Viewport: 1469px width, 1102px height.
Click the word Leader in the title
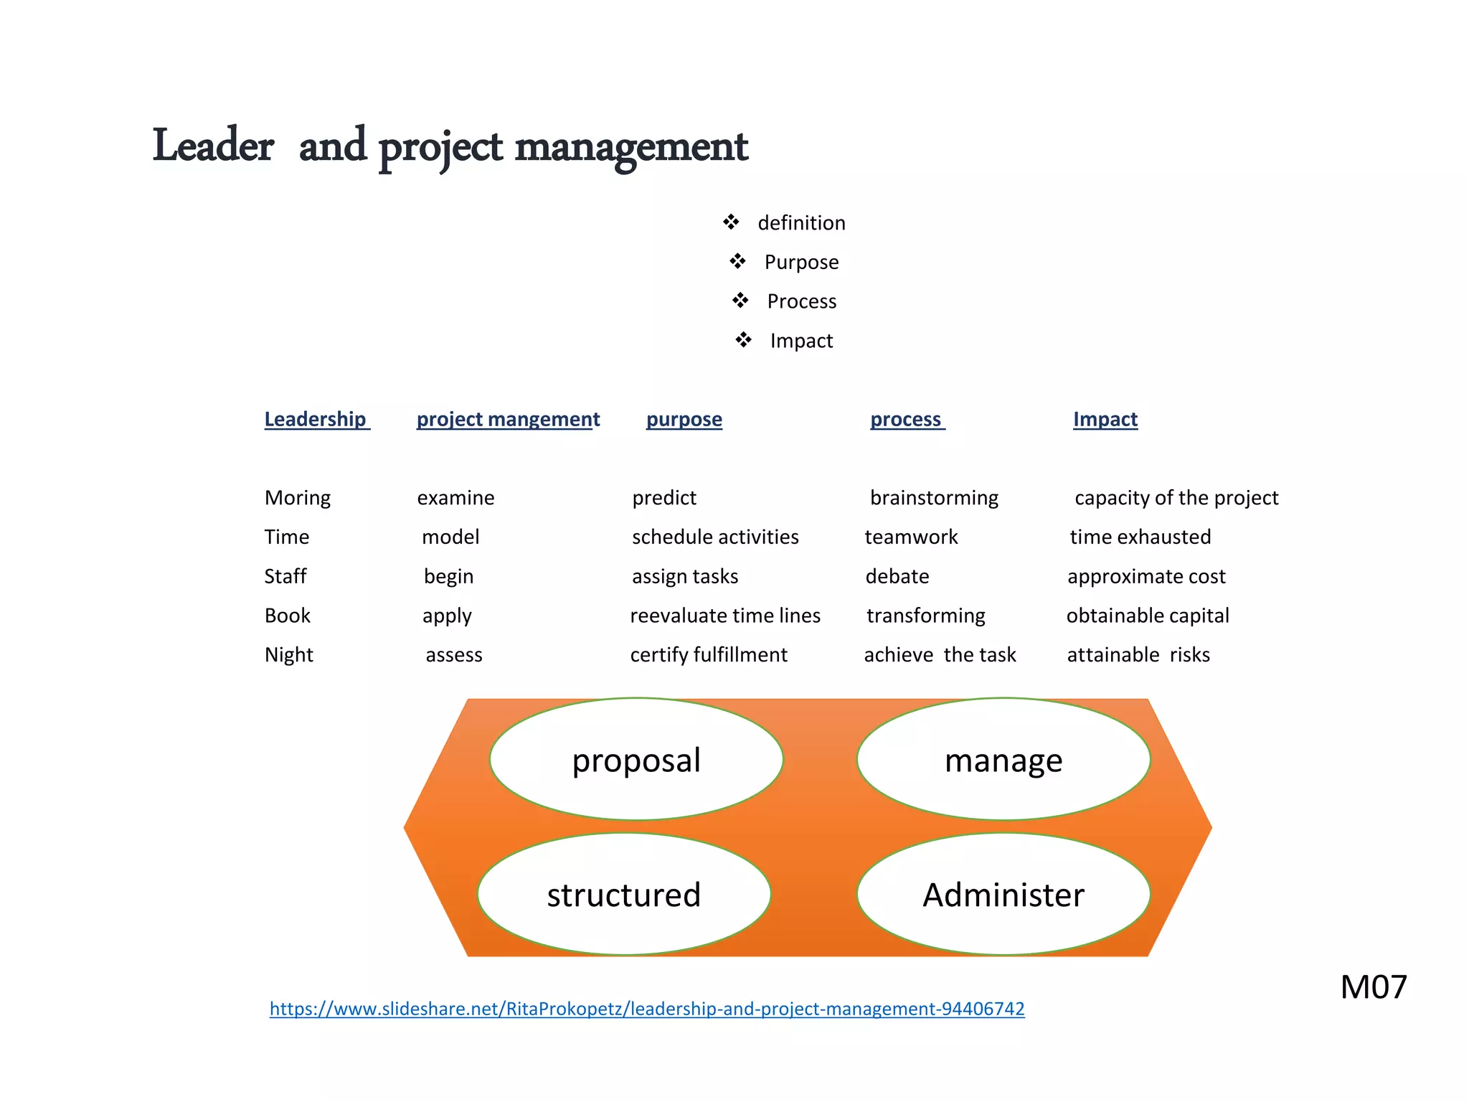(x=213, y=146)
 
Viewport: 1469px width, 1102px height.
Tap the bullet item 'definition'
(x=801, y=223)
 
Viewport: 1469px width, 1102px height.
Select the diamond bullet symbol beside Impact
(x=744, y=340)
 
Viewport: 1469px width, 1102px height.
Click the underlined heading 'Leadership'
(x=316, y=419)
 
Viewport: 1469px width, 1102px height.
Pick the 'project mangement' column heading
(x=508, y=419)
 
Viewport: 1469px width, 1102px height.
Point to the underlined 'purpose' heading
(x=684, y=419)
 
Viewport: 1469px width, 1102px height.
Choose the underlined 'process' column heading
(x=906, y=419)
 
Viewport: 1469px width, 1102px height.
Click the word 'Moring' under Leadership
(x=298, y=498)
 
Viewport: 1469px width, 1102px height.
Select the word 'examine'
(x=455, y=498)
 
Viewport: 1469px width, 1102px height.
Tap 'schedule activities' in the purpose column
(x=715, y=537)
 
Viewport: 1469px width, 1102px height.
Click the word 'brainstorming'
(x=934, y=498)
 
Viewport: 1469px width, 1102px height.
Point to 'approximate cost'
(x=1146, y=577)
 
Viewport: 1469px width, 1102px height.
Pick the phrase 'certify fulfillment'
(x=709, y=655)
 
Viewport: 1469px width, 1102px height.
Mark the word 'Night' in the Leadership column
(x=289, y=655)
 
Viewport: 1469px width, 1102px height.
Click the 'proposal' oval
(x=636, y=760)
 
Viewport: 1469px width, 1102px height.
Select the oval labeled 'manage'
(x=1003, y=760)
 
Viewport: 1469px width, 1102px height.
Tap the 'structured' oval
(x=624, y=895)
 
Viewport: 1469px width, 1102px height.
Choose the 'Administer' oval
(x=1003, y=895)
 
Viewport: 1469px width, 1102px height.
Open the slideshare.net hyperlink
(x=647, y=1009)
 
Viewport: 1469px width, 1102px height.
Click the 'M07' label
(x=1374, y=987)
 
